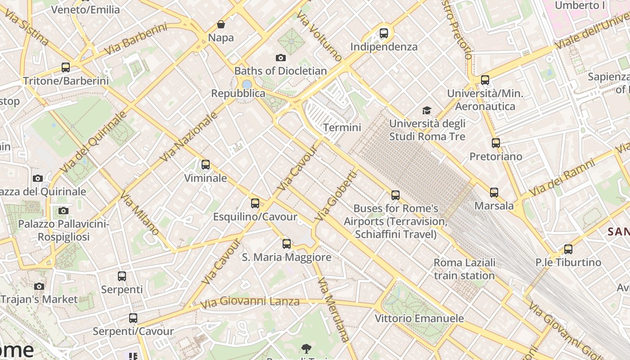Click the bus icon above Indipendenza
pyautogui.click(x=383, y=33)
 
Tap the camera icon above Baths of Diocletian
pyautogui.click(x=281, y=58)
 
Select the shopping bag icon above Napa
pyautogui.click(x=221, y=24)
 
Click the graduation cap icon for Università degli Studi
pyautogui.click(x=427, y=110)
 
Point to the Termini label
pyautogui.click(x=342, y=128)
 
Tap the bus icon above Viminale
pyautogui.click(x=206, y=165)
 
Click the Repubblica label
pyautogui.click(x=238, y=94)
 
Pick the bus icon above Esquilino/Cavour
pyautogui.click(x=255, y=203)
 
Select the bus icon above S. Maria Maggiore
pyautogui.click(x=287, y=244)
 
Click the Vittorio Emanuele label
pyautogui.click(x=419, y=319)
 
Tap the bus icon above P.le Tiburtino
pyautogui.click(x=568, y=249)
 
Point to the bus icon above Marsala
pyautogui.click(x=494, y=193)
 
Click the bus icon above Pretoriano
pyautogui.click(x=496, y=143)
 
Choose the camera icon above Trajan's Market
pyautogui.click(x=39, y=286)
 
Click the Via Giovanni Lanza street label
pyautogui.click(x=250, y=302)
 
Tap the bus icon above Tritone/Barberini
pyautogui.click(x=66, y=67)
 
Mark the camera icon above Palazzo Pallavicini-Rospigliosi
pyautogui.click(x=63, y=211)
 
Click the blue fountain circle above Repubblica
pyautogui.click(x=247, y=84)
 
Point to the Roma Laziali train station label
pyautogui.click(x=464, y=269)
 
